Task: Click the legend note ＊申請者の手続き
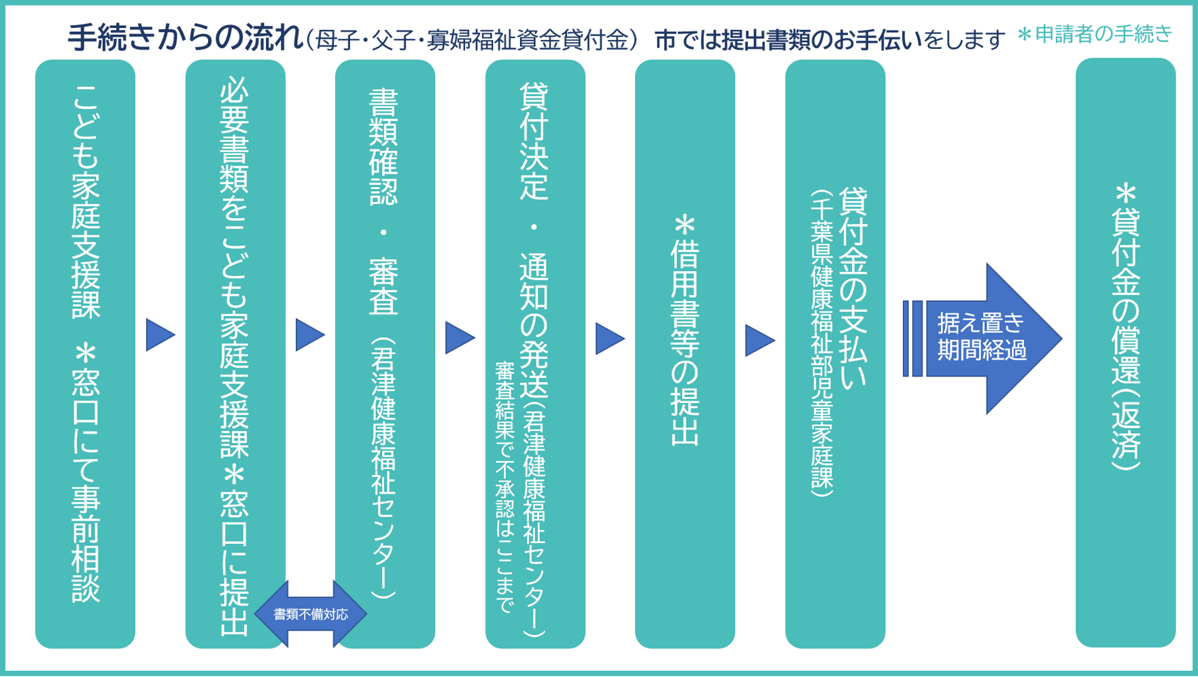(1095, 34)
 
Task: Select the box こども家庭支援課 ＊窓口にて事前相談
(85, 353)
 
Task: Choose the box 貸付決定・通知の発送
(535, 204)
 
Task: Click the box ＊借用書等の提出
(685, 353)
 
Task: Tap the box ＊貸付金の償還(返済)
(1125, 353)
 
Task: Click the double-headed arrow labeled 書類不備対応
(311, 614)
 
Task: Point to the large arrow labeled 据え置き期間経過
(982, 338)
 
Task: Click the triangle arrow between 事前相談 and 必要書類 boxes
(160, 335)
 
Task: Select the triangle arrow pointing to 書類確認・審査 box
(310, 335)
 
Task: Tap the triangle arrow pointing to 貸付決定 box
(460, 338)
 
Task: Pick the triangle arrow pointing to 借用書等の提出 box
(610, 338)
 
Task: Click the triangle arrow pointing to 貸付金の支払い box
(759, 340)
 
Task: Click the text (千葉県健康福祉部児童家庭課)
(821, 343)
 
